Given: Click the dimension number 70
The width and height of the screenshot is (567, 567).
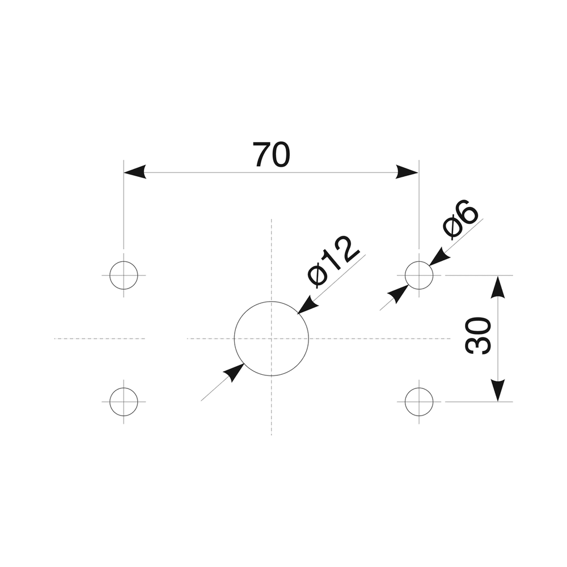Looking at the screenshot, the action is (272, 155).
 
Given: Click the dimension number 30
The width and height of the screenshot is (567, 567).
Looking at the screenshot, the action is (478, 336).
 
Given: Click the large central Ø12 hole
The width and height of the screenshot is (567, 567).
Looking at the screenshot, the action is (272, 338).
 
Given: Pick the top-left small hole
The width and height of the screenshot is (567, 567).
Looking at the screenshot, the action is (124, 275).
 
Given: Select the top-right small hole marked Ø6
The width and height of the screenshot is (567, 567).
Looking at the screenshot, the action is (419, 275).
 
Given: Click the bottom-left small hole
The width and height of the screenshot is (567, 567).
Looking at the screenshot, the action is (124, 401).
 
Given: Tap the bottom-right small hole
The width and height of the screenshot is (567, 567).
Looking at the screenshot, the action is (419, 401).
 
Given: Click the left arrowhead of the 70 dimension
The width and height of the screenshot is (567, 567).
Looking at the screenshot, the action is (134, 172).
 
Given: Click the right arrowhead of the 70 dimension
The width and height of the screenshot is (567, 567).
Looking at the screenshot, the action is (408, 172).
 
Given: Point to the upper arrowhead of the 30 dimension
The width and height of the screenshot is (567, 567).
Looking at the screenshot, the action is (497, 286).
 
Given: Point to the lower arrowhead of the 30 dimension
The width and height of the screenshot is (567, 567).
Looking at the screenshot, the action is (497, 390).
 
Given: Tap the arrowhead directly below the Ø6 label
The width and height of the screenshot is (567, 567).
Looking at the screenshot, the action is (439, 258).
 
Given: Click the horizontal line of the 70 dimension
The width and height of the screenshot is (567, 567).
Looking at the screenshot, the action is (272, 172).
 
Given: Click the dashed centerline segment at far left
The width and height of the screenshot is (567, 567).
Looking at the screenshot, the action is (99, 338).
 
